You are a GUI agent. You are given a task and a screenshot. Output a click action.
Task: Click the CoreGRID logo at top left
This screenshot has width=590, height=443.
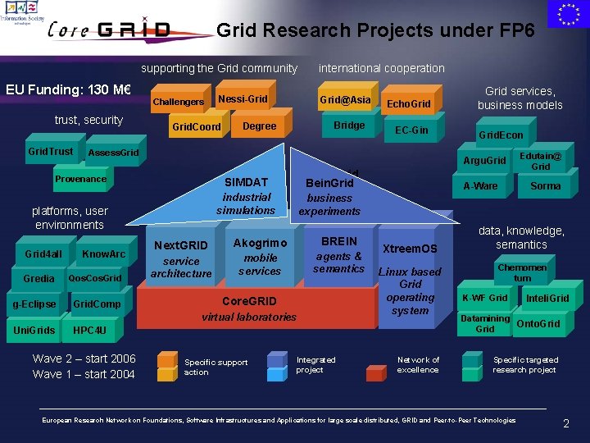[108, 30]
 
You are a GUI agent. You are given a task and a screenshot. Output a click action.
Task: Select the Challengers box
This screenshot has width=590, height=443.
[178, 102]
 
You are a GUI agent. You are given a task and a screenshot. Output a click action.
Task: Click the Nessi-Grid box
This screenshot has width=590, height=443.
[242, 99]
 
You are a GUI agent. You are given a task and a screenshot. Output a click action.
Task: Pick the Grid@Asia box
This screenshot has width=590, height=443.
[345, 100]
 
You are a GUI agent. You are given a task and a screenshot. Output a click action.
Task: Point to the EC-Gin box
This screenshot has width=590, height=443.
[411, 130]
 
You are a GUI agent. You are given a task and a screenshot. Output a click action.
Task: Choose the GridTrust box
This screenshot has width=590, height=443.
[50, 151]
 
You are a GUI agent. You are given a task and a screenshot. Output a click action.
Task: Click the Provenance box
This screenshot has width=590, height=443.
[80, 179]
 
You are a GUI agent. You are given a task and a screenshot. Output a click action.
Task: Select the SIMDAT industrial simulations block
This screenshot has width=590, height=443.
[247, 196]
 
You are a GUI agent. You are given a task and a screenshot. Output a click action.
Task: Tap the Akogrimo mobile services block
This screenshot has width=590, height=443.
[260, 256]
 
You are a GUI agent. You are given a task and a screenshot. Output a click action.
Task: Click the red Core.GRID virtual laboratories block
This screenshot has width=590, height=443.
[249, 308]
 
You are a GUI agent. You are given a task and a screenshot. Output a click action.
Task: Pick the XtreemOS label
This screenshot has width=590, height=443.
[410, 249]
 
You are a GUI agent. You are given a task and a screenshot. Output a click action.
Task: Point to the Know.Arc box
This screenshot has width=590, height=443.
[103, 253]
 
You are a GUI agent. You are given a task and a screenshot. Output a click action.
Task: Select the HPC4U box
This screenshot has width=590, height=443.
[89, 331]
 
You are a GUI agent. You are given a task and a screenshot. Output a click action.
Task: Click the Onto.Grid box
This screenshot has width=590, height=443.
[538, 324]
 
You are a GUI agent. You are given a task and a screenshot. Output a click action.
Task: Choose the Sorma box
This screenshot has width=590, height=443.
[545, 186]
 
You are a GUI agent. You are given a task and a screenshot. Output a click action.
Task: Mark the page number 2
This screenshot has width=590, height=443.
[565, 424]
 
